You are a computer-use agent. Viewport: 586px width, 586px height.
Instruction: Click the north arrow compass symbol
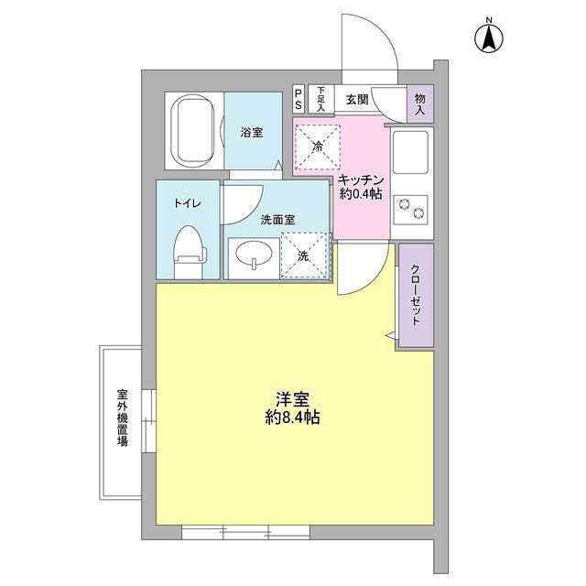click(x=489, y=37)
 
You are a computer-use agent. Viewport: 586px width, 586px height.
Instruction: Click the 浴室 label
click(x=252, y=133)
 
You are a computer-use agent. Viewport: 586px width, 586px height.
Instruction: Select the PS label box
click(x=299, y=99)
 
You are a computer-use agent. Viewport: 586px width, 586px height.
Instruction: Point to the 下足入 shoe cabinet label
click(x=320, y=99)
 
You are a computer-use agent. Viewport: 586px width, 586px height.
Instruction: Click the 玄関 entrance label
click(x=356, y=99)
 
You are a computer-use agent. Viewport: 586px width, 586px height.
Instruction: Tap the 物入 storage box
click(x=419, y=103)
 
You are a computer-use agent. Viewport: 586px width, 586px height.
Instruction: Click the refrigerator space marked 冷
click(x=318, y=147)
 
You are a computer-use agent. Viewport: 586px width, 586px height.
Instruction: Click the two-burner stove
click(x=410, y=209)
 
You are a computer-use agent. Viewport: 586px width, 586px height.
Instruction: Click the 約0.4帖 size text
click(x=361, y=194)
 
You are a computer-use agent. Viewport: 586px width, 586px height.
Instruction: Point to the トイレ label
click(x=188, y=203)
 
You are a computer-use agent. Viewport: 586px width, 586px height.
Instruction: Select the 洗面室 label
click(x=277, y=220)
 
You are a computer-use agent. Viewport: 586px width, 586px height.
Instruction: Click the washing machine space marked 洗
click(x=304, y=255)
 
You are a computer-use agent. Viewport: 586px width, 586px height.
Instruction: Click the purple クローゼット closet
click(x=415, y=297)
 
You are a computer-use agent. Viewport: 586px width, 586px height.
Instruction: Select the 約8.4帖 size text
click(x=292, y=418)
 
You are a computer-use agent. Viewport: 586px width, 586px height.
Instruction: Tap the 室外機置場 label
click(x=122, y=418)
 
